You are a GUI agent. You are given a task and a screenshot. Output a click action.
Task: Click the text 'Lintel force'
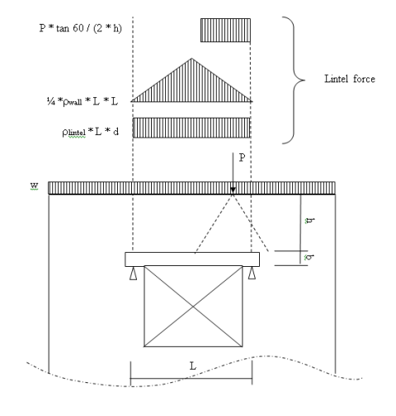click(x=350, y=79)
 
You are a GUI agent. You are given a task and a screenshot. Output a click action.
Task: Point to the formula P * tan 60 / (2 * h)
click(x=81, y=28)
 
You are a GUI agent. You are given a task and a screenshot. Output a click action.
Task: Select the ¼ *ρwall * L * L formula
click(x=82, y=101)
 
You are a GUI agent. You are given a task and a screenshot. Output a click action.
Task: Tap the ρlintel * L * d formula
click(x=91, y=132)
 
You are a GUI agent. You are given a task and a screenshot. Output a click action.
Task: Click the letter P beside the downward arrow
click(x=242, y=157)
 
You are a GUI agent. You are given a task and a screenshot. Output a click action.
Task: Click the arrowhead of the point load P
click(x=233, y=191)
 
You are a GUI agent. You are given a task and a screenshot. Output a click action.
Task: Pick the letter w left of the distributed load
click(x=34, y=185)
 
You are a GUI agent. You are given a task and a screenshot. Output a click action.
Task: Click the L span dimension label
click(x=193, y=366)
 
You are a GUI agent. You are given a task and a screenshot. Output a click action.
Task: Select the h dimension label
click(x=310, y=221)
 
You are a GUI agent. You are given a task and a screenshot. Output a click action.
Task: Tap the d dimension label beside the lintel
click(x=309, y=258)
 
